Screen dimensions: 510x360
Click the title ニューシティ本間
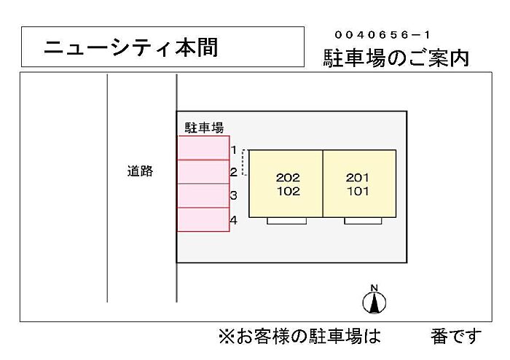[130, 47]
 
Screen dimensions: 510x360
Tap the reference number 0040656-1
[382, 35]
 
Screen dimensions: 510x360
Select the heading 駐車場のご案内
[396, 58]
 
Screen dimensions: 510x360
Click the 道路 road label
[140, 171]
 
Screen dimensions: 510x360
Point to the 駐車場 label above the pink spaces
[204, 128]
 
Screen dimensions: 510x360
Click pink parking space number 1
[203, 148]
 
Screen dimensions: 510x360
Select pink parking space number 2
[203, 172]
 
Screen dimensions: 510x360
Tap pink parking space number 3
[203, 195]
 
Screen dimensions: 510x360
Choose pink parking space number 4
[203, 219]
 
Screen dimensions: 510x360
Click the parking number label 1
[234, 150]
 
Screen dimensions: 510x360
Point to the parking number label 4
[234, 220]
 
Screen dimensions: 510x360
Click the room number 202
[288, 178]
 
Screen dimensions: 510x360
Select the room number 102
[289, 191]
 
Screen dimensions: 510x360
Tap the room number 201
[358, 178]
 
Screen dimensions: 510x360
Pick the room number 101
[358, 191]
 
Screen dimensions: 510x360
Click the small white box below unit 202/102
[287, 221]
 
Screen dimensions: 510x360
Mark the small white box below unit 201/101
[363, 221]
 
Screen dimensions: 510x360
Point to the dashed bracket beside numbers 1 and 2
[243, 163]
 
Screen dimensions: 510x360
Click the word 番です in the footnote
[456, 336]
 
